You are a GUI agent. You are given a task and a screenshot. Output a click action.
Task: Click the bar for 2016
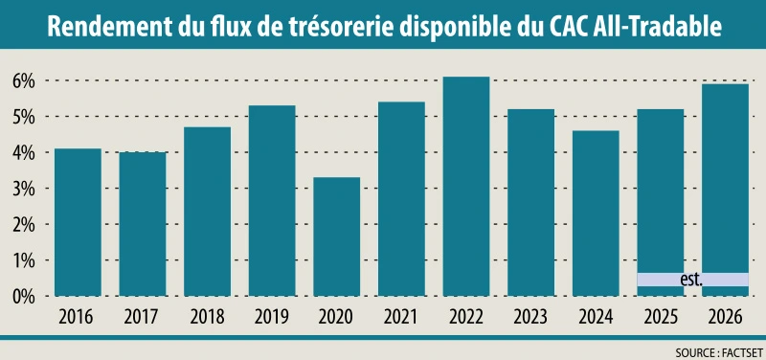79,222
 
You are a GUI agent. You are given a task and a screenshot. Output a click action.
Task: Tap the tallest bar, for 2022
465,186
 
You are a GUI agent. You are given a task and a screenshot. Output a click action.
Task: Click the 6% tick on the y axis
22,81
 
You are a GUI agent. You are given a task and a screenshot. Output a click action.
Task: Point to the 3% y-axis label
22,189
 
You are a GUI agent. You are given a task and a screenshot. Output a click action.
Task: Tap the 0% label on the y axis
22,297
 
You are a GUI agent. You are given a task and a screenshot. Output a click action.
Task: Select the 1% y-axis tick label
22,260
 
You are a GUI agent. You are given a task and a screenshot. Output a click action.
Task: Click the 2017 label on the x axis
143,316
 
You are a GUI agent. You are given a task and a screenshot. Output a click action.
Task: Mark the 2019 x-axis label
272,316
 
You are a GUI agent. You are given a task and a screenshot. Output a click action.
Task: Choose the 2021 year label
401,316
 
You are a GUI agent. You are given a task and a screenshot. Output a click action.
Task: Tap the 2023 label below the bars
530,316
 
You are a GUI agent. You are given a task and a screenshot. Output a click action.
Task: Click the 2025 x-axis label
660,316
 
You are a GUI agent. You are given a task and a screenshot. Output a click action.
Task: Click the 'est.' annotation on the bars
690,280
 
